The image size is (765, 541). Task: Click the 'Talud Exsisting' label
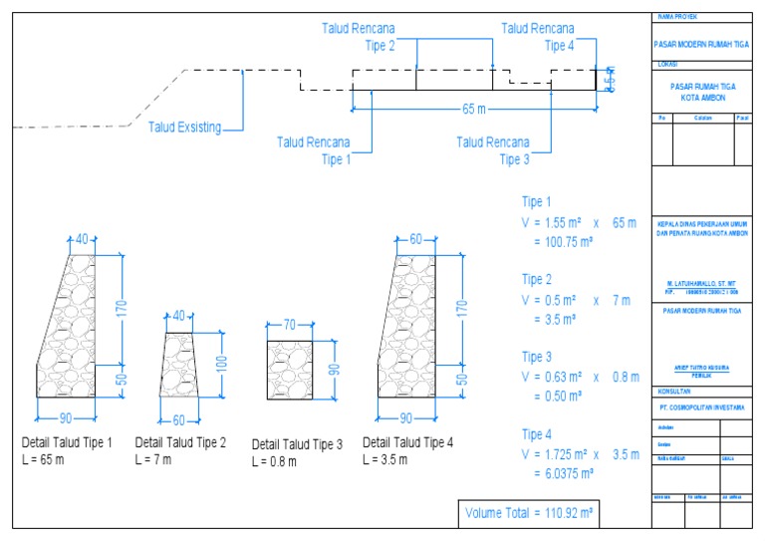184,127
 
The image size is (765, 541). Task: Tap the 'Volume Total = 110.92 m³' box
529,514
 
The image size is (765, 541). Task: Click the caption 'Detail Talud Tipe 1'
67,442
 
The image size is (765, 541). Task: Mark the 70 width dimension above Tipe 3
291,325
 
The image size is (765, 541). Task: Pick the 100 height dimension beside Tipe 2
224,364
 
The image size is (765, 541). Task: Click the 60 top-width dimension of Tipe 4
415,239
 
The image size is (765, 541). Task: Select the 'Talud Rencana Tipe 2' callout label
358,37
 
